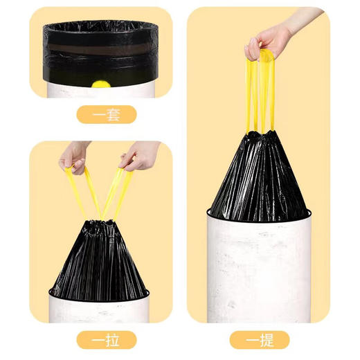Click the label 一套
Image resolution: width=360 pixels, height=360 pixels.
(x=105, y=114)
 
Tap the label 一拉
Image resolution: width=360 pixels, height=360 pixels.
(x=105, y=340)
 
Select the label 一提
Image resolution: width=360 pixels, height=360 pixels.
(x=258, y=340)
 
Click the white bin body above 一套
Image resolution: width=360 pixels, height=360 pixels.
(x=104, y=88)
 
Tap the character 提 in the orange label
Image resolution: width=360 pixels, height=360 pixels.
(x=266, y=340)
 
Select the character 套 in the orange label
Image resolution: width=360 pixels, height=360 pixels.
(x=113, y=114)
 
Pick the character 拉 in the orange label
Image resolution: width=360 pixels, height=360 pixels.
(x=113, y=340)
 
